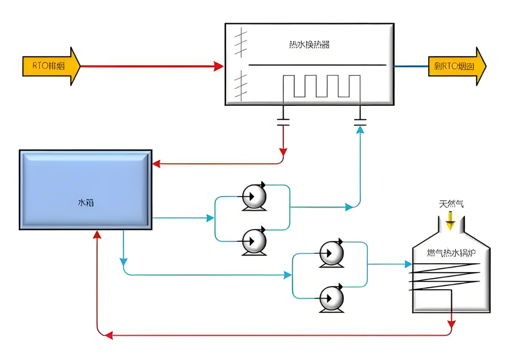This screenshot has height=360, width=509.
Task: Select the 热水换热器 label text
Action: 309,45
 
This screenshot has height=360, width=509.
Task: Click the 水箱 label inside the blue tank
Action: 85,203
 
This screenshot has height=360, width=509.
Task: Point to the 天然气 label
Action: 451,204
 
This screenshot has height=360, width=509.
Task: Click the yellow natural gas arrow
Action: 450,220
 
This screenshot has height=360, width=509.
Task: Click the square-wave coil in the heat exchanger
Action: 321,86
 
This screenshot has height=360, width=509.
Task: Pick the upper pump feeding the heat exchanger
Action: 254,197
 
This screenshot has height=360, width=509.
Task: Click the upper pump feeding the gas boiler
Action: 331,255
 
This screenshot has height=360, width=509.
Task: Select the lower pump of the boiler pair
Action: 331,299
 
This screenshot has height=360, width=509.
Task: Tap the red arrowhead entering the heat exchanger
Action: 218,66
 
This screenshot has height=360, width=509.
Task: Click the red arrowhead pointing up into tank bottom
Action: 97,235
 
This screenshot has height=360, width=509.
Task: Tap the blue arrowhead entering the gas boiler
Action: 408,264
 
